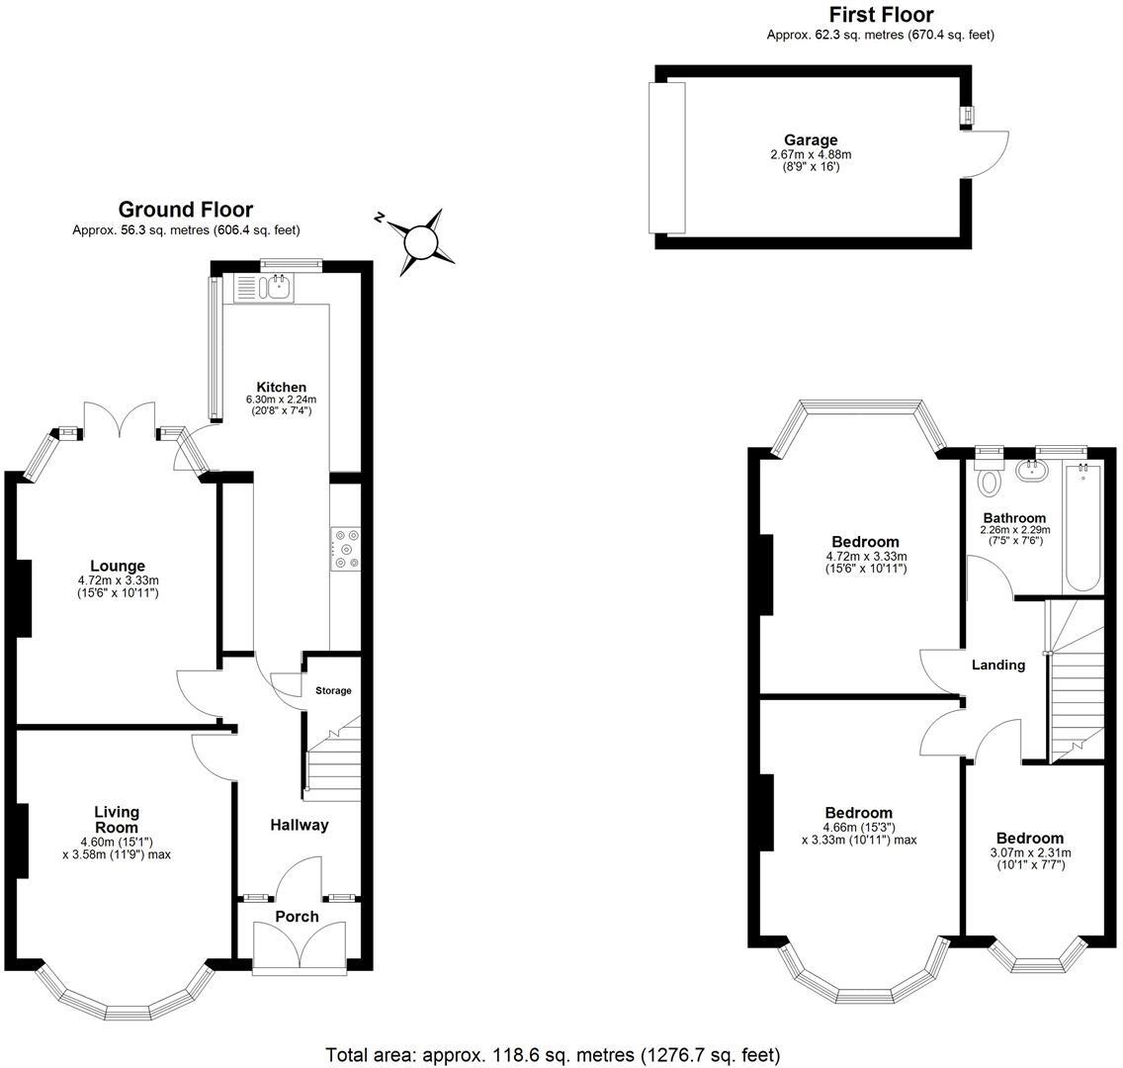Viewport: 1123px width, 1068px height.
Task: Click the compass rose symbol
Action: [420, 240]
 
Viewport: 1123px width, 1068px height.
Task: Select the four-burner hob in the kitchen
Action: [346, 547]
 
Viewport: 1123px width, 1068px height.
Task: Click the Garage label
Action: [811, 140]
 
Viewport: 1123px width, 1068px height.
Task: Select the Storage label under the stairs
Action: [333, 690]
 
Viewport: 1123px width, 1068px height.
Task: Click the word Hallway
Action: [299, 825]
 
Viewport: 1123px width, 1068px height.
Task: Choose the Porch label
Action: [297, 917]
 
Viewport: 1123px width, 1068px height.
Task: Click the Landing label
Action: [997, 665]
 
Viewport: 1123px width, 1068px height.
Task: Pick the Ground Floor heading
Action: [185, 210]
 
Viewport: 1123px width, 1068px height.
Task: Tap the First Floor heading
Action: [880, 14]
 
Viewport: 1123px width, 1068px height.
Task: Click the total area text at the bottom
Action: [553, 1054]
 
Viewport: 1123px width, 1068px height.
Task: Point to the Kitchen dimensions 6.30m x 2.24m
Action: [280, 404]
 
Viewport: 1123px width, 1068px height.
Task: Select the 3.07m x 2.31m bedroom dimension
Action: [1030, 858]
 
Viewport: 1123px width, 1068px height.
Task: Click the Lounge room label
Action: [118, 567]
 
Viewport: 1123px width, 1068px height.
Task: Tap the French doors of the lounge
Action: [120, 420]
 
